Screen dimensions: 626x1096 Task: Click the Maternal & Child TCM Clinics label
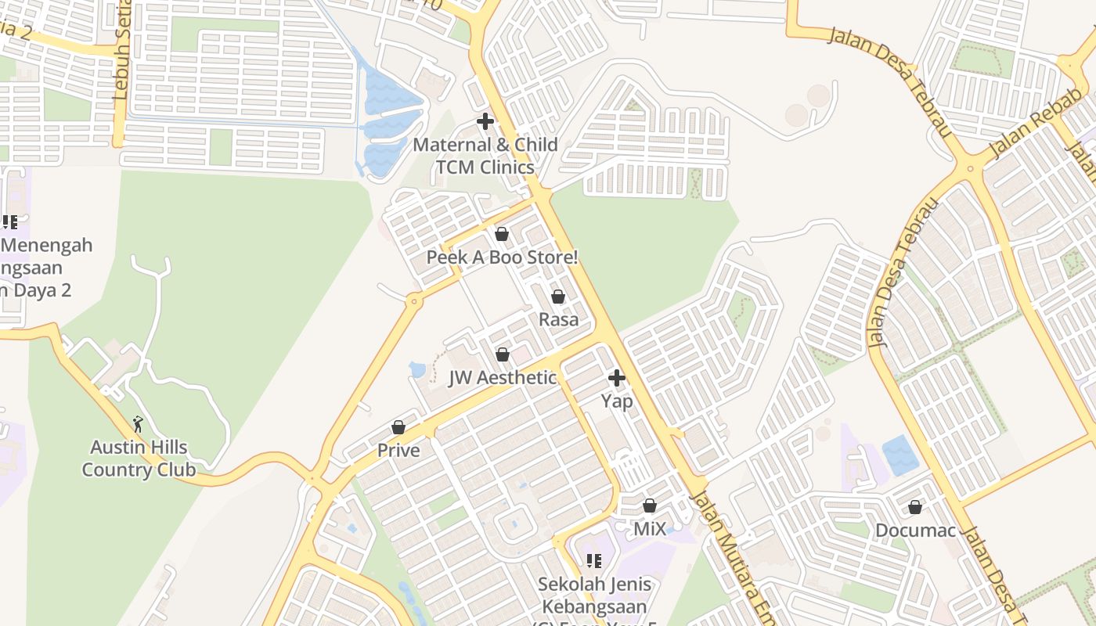click(485, 156)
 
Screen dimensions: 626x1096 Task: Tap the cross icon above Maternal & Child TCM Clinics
click(485, 121)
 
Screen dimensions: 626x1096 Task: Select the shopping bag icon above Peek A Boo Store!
click(502, 234)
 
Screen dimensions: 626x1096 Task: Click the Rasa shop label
click(559, 319)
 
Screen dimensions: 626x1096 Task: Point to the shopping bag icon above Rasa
click(558, 297)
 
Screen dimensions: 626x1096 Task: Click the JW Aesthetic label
click(503, 378)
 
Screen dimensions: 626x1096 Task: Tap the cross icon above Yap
click(617, 378)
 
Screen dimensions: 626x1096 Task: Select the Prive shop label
click(398, 451)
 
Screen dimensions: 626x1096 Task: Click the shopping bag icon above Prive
click(398, 427)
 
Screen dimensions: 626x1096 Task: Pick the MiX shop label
click(650, 529)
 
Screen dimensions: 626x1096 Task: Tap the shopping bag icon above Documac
click(915, 507)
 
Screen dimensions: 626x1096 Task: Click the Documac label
click(915, 531)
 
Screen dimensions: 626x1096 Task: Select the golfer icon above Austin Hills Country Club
click(139, 424)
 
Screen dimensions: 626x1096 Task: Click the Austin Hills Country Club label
click(139, 459)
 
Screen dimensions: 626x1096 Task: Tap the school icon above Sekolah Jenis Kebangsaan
click(594, 560)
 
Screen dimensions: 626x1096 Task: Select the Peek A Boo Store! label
click(502, 257)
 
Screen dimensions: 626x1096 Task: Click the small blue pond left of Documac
click(900, 455)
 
